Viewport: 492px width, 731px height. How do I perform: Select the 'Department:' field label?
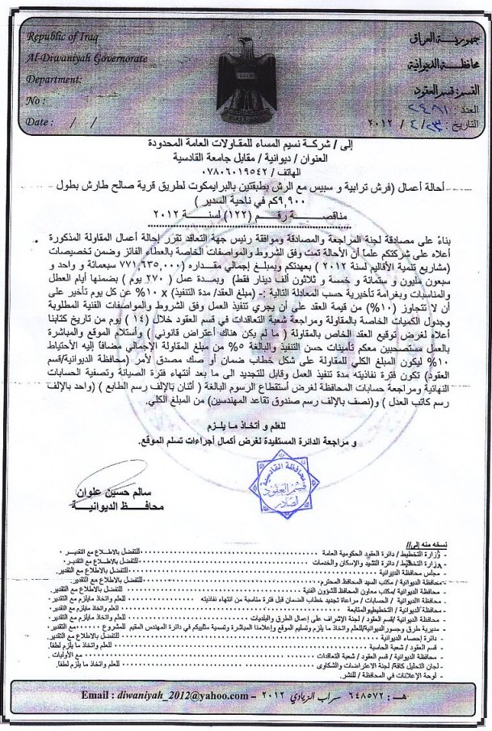click(x=57, y=80)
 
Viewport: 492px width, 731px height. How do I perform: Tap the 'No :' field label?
click(x=36, y=100)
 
